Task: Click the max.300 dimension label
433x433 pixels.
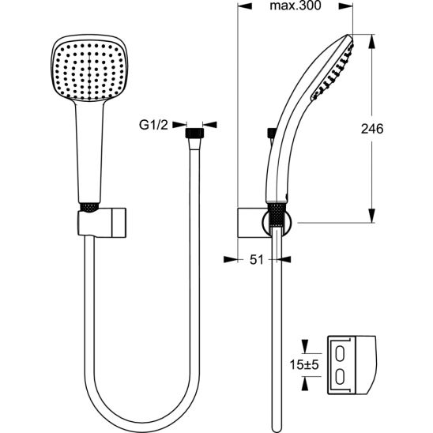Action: pos(296,6)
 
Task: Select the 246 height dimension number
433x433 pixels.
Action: pos(372,129)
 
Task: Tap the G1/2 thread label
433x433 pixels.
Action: pos(153,125)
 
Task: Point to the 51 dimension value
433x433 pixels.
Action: pos(256,260)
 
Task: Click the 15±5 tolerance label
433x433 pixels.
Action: pos(304,365)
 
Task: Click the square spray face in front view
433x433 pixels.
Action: pos(89,71)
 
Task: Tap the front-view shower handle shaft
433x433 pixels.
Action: pos(89,152)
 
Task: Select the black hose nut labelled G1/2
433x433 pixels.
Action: pos(194,133)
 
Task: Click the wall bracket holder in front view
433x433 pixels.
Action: pos(102,222)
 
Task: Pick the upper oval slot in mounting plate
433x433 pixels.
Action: pos(341,354)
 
